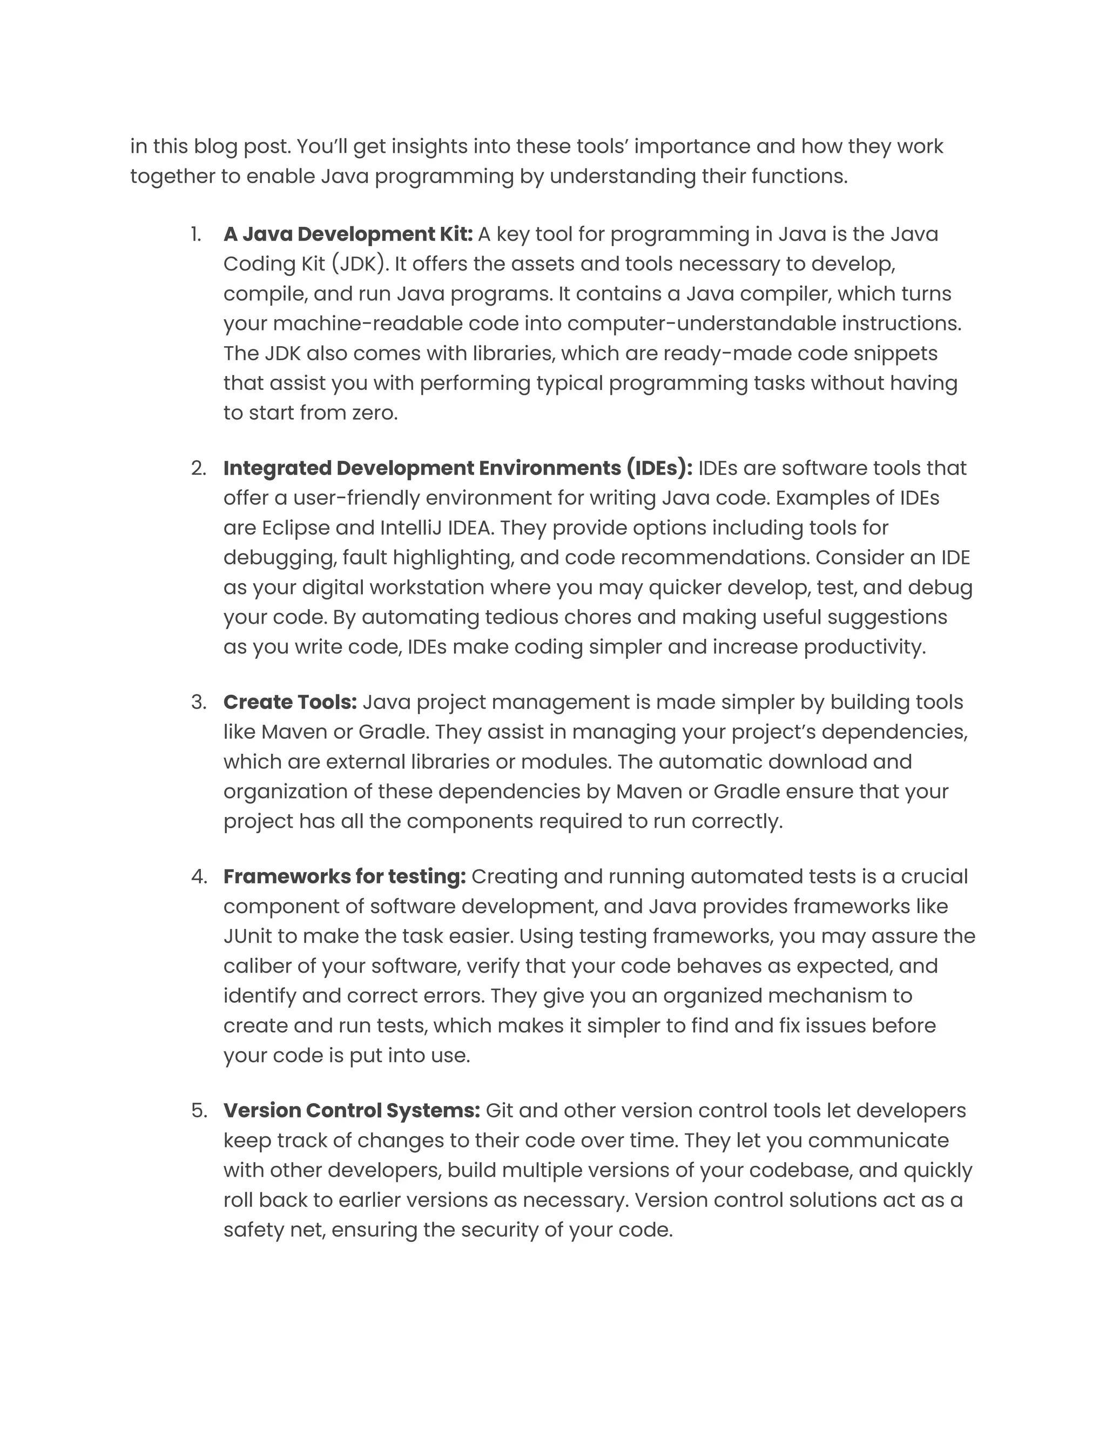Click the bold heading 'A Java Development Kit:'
348,234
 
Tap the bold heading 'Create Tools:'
289,702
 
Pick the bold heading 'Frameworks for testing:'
345,876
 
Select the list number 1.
196,234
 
